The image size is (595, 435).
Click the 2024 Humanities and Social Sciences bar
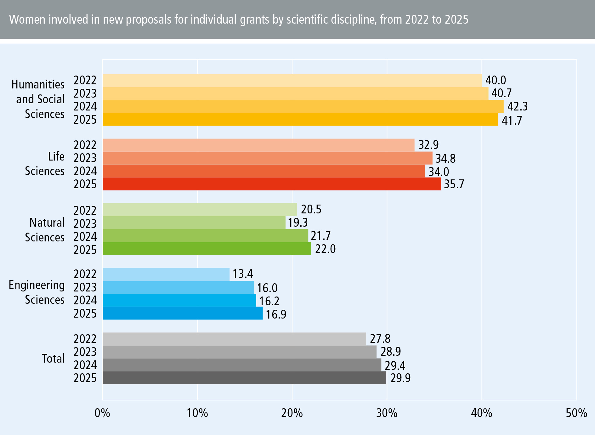click(303, 106)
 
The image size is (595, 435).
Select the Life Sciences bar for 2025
click(272, 184)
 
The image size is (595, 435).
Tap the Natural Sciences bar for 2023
click(194, 223)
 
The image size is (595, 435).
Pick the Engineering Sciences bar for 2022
click(166, 274)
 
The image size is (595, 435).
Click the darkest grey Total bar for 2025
click(244, 378)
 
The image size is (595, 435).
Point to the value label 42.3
click(517, 106)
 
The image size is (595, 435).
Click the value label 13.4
click(242, 274)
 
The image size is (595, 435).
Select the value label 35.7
click(454, 184)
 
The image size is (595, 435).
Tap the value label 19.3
click(297, 223)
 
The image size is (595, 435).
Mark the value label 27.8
click(380, 339)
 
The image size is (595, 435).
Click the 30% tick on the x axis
click(387, 413)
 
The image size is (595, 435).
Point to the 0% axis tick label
click(102, 413)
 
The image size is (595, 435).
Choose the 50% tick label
click(576, 413)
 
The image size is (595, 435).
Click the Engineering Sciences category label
click(37, 292)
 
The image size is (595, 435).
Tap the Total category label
click(53, 358)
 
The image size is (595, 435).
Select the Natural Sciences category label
click(45, 230)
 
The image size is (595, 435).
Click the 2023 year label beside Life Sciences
click(85, 158)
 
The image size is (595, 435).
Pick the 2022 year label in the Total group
click(85, 339)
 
